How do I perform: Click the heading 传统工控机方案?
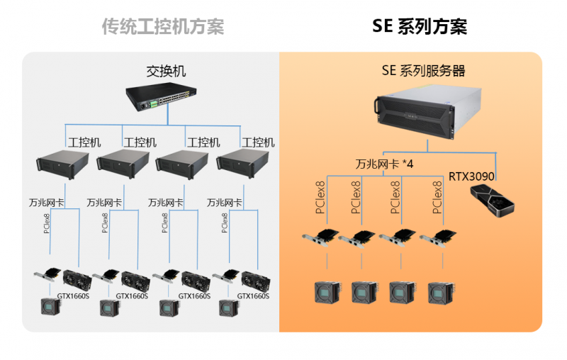point(162,27)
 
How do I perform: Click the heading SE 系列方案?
point(420,27)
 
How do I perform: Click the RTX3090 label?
point(471,175)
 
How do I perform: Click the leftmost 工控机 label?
point(84,142)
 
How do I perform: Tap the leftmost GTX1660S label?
point(74,296)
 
